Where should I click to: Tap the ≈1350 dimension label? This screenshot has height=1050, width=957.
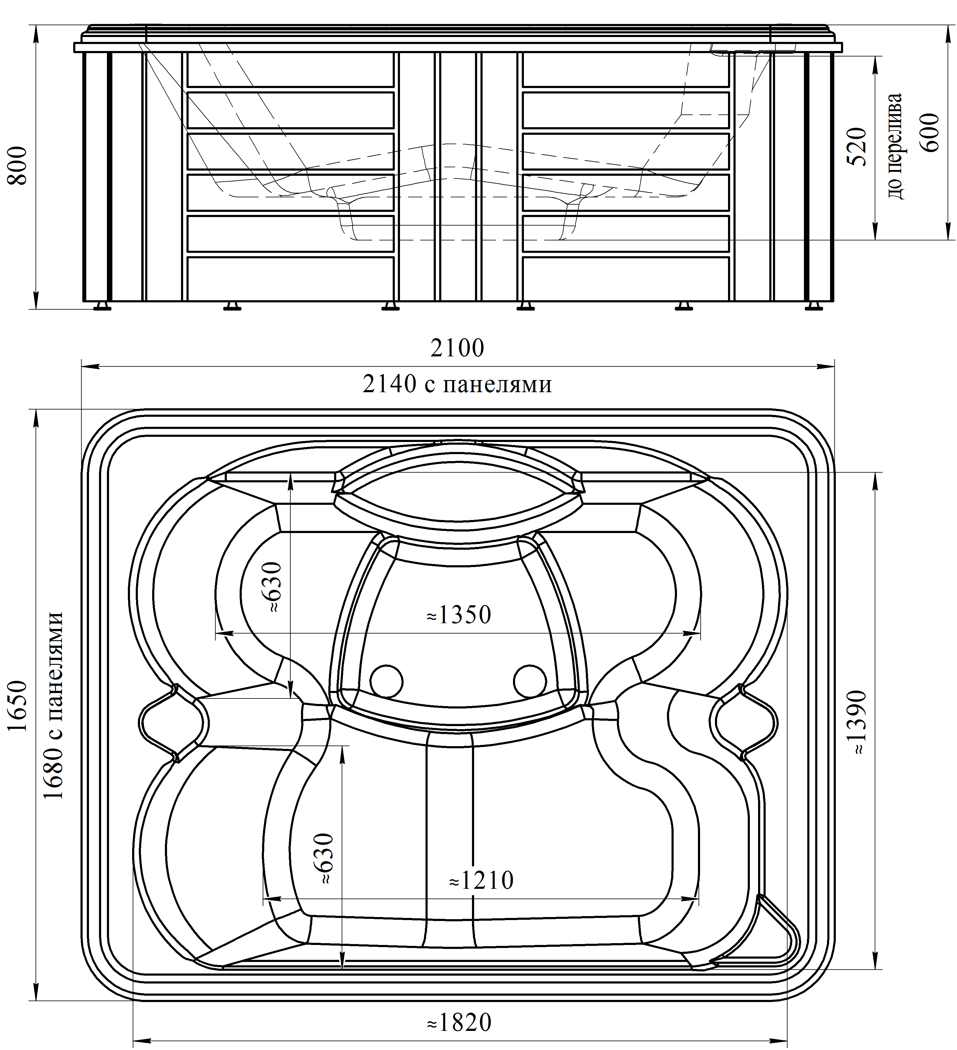(459, 615)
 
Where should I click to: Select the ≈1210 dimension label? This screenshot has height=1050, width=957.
(480, 881)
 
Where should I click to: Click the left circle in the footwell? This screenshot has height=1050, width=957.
(386, 681)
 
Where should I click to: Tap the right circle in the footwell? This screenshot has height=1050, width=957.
(530, 681)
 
